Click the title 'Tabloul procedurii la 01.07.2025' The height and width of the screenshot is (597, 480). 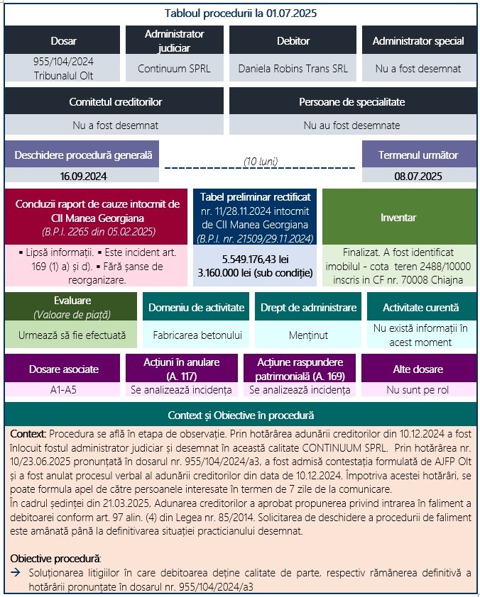point(240,13)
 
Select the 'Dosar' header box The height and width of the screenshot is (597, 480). point(64,40)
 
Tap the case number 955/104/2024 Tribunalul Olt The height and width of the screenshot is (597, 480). point(64,69)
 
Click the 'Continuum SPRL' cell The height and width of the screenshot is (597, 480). point(174,69)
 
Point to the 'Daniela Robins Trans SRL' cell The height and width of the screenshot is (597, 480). point(293,69)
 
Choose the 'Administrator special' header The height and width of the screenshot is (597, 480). point(418,40)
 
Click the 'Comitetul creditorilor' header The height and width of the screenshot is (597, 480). point(115,102)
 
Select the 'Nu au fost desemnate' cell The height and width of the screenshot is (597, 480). point(351,125)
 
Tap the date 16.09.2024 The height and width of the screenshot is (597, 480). point(82,175)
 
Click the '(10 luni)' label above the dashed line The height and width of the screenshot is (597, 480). point(260,162)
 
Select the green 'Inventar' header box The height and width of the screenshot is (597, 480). point(398,217)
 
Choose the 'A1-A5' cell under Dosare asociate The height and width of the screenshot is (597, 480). point(64,390)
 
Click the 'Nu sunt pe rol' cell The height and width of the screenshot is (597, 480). point(418,390)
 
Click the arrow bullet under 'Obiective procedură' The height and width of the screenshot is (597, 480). point(16,571)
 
